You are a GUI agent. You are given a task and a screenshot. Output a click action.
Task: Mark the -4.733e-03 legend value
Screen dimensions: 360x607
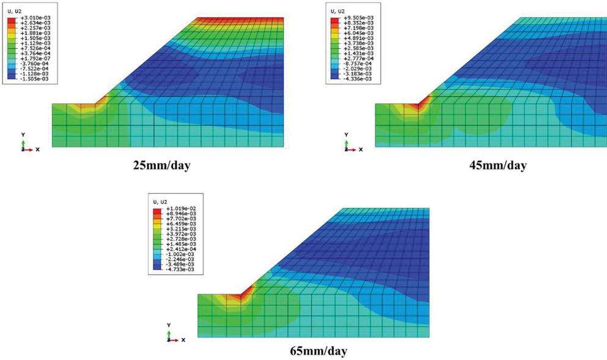pos(182,269)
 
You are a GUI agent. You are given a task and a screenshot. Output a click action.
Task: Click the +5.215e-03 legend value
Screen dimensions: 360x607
pos(182,233)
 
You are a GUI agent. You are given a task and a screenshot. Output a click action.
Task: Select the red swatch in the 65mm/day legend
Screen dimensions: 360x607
pos(158,210)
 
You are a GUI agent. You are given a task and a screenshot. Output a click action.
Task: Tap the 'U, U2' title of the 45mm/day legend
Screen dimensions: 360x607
pos(337,11)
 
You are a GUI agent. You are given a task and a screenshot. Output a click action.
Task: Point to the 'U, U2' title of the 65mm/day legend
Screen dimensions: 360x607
pos(160,201)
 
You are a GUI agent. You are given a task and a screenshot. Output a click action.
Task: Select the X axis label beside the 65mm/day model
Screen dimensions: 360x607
pos(183,340)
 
